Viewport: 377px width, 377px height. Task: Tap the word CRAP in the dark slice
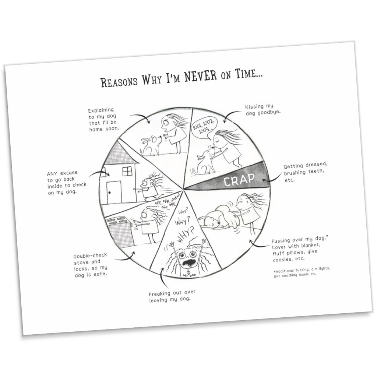[239, 180]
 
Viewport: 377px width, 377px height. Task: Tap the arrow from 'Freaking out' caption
[162, 276]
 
